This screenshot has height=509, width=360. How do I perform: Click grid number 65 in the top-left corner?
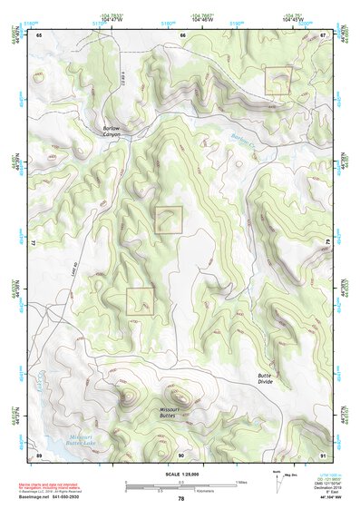[39, 34]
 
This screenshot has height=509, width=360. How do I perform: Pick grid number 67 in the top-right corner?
[324, 34]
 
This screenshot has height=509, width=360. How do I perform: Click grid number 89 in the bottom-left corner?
[39, 454]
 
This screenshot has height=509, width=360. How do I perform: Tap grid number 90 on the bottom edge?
[182, 454]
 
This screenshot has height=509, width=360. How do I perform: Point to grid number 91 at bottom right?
[324, 454]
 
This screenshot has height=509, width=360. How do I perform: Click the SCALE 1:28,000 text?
[180, 470]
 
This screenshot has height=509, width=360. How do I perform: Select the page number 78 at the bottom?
[180, 498]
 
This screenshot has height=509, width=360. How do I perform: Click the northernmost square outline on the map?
[277, 80]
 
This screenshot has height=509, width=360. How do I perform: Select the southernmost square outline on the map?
[140, 300]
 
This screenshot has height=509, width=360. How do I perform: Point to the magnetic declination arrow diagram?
[276, 482]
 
